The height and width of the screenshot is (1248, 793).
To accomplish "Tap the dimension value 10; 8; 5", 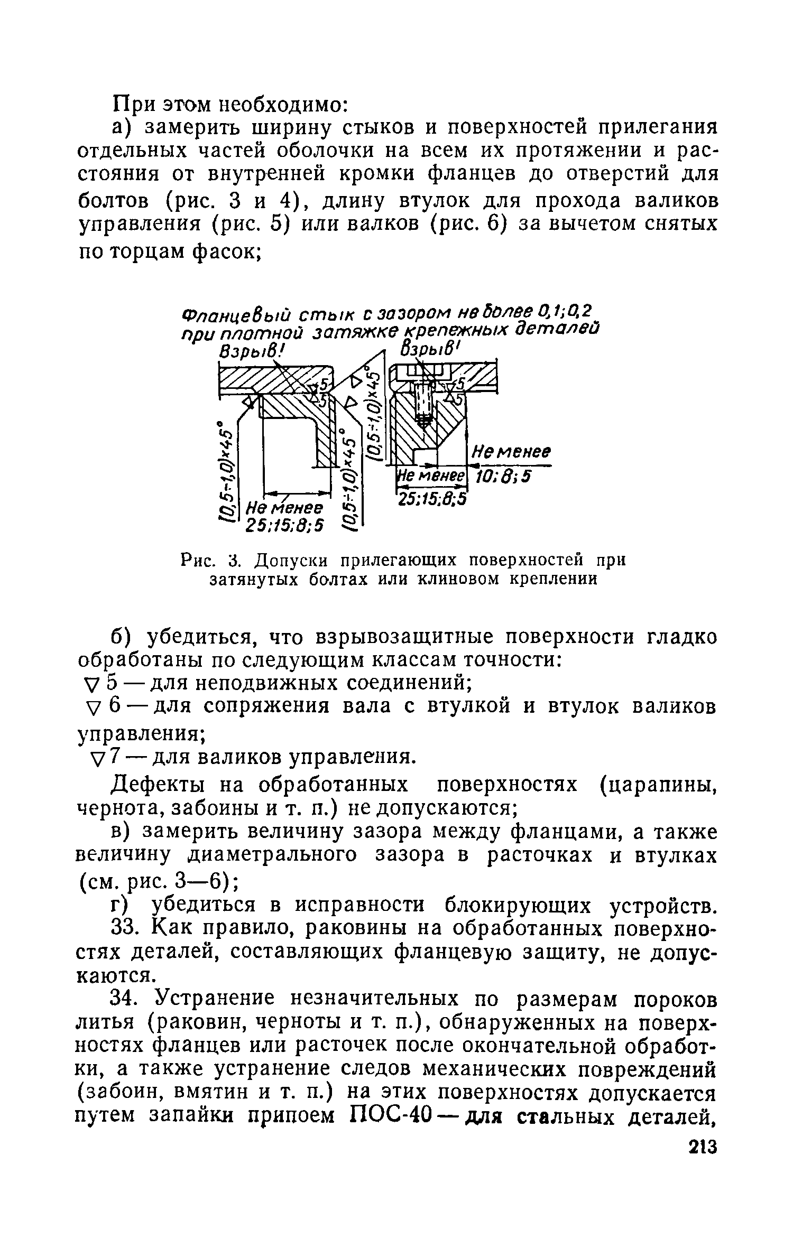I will (503, 477).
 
